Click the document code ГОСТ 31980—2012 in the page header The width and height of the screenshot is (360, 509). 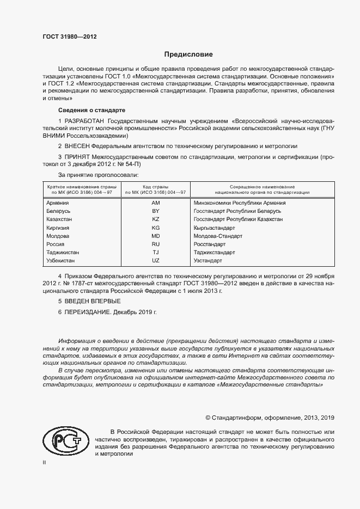click(x=70, y=37)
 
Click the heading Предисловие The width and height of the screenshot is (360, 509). click(x=188, y=54)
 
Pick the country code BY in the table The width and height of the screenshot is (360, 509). click(x=155, y=211)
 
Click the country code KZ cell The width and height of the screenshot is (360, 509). click(x=155, y=219)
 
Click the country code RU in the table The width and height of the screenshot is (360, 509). click(x=155, y=244)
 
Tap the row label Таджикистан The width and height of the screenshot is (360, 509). click(x=63, y=253)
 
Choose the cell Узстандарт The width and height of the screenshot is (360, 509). click(x=208, y=261)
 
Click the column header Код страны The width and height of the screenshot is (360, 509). click(x=155, y=187)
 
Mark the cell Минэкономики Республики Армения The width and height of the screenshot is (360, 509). click(x=239, y=203)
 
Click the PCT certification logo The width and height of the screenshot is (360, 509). click(x=64, y=439)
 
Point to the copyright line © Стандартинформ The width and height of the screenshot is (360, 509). click(x=269, y=418)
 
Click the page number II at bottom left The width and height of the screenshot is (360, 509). click(x=45, y=462)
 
